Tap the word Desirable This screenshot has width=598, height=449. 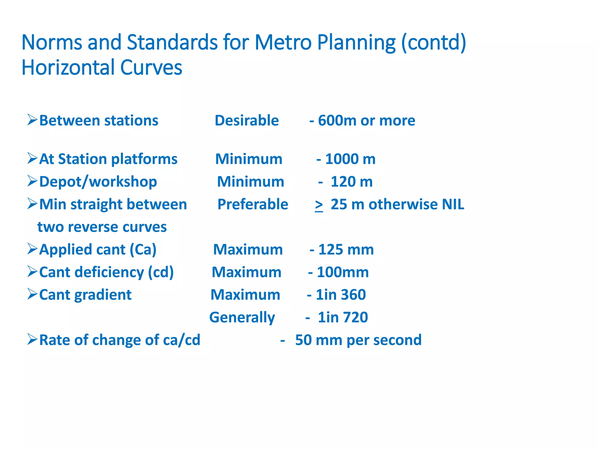pos(247,120)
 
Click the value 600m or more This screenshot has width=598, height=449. pos(366,120)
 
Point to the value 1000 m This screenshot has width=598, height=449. pos(350,159)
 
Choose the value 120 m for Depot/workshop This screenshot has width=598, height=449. pos(351,182)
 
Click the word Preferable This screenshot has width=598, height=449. pos(253,204)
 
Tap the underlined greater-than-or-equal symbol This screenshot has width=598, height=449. pos(319,205)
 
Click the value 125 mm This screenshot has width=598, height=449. pos(346,250)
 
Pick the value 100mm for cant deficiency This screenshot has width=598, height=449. pos(343,272)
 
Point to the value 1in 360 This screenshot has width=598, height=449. pos(340,295)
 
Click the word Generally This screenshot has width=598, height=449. pos(242,317)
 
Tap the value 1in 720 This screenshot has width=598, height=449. pos(343,317)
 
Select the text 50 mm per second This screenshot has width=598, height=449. pos(358,340)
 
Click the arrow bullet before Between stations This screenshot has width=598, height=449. pos(32,120)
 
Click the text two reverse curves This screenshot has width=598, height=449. pos(102,227)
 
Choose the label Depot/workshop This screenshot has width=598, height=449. pos(98,182)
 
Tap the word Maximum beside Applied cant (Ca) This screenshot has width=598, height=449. pos(248,250)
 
